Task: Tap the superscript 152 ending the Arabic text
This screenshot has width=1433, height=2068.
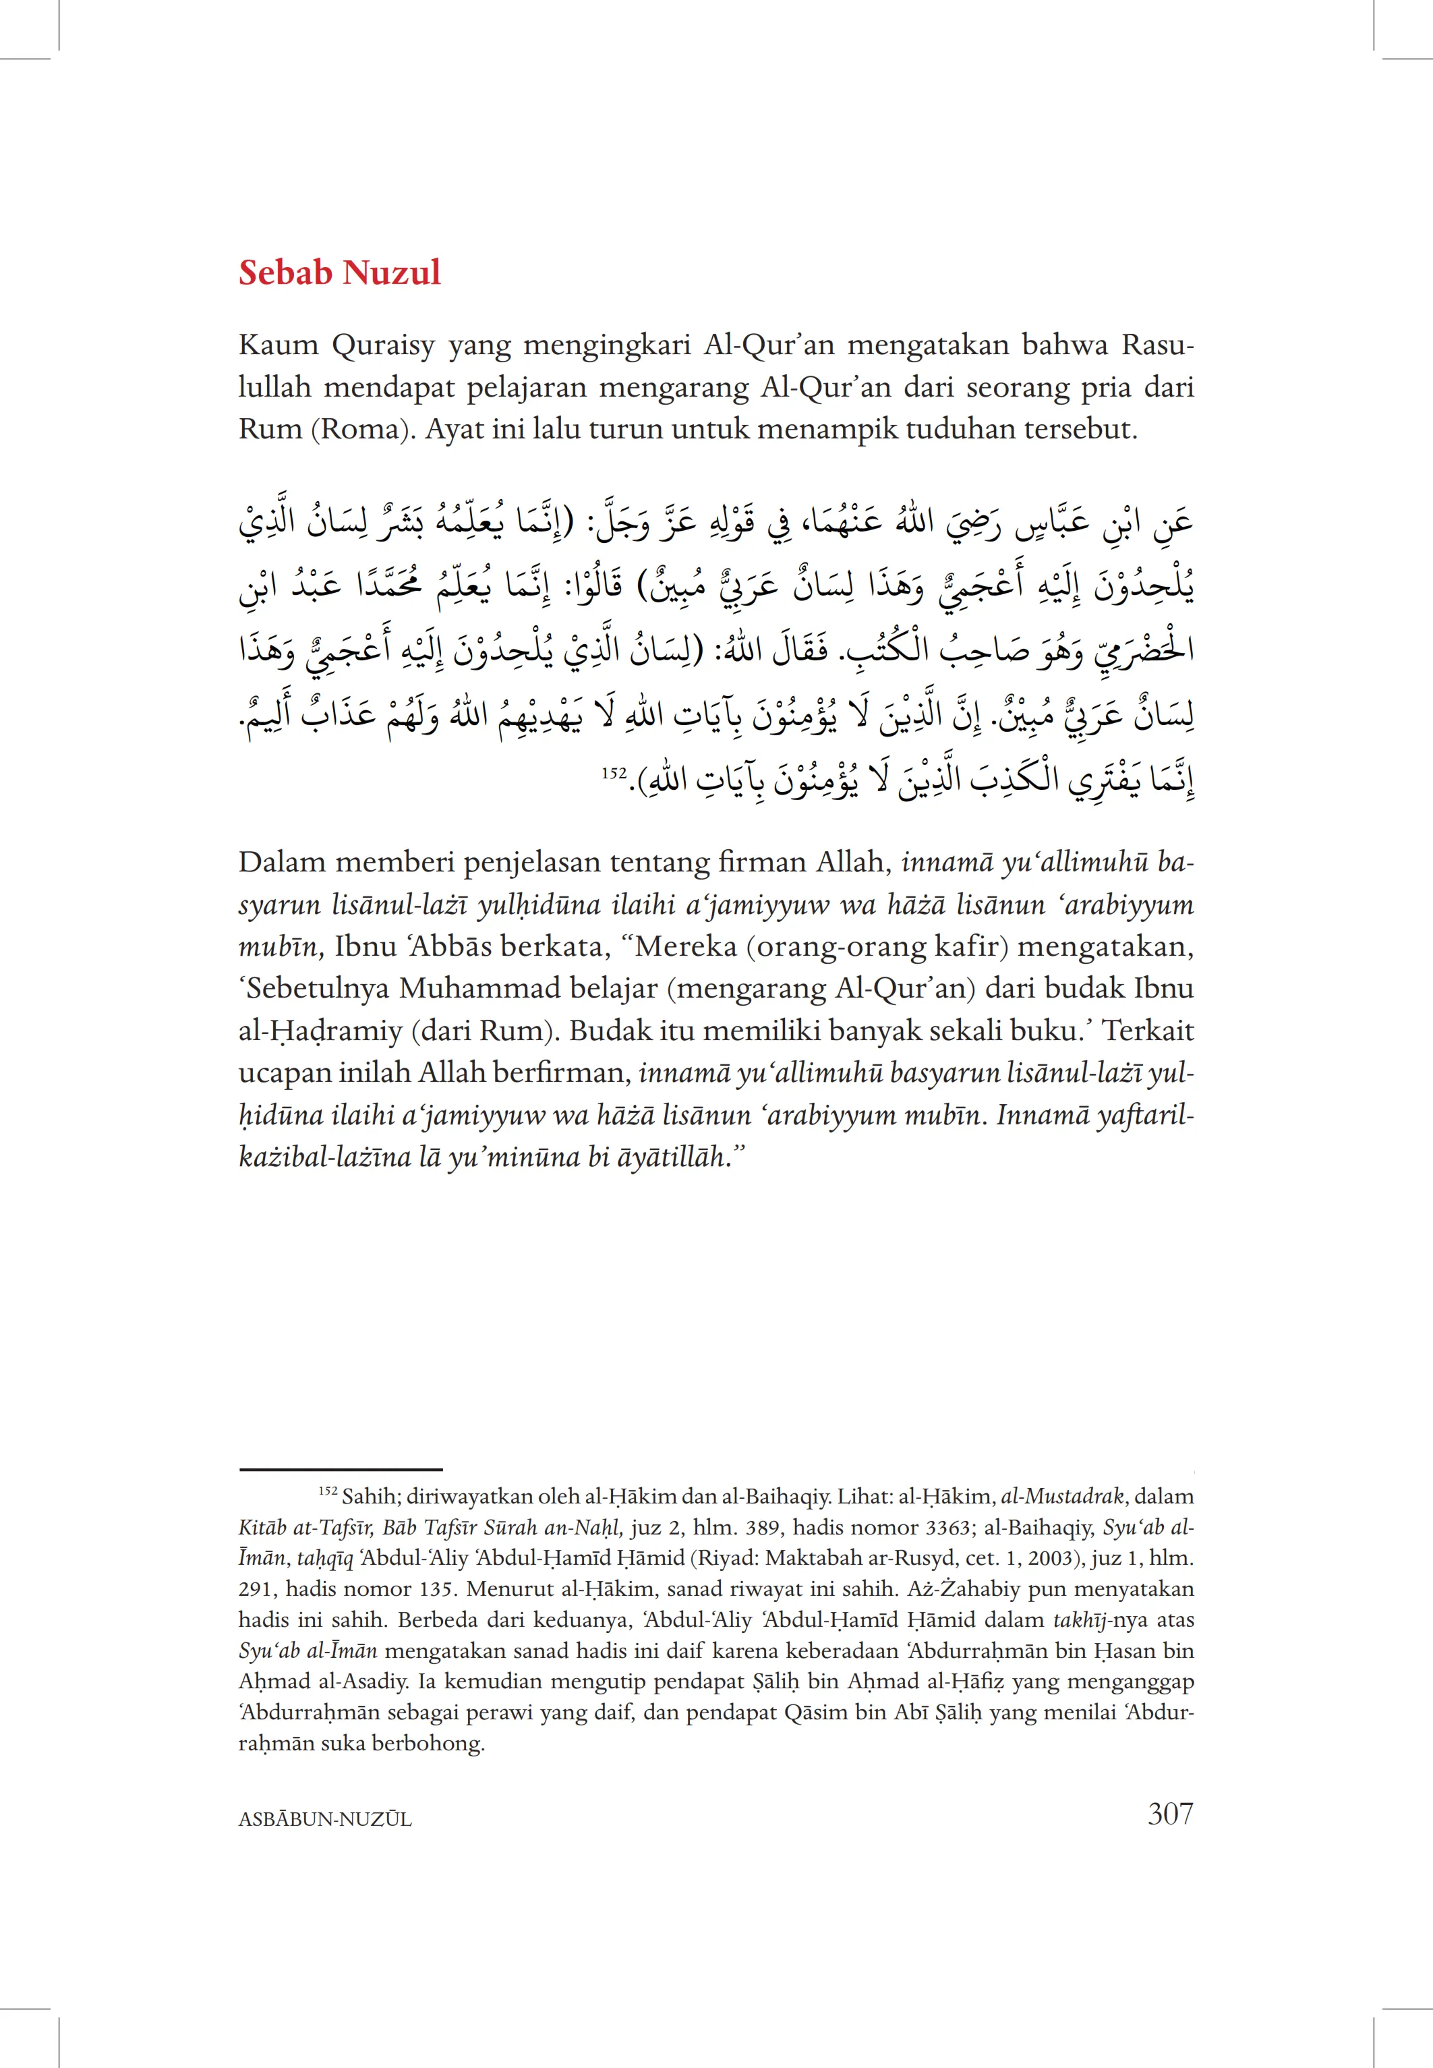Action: point(614,772)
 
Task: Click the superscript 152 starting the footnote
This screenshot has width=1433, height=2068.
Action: point(327,1493)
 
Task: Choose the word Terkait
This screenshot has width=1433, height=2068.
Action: point(1148,1031)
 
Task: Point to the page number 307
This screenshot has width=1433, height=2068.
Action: point(1170,1814)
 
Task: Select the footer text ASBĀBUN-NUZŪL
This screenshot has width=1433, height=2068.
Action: point(325,1819)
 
